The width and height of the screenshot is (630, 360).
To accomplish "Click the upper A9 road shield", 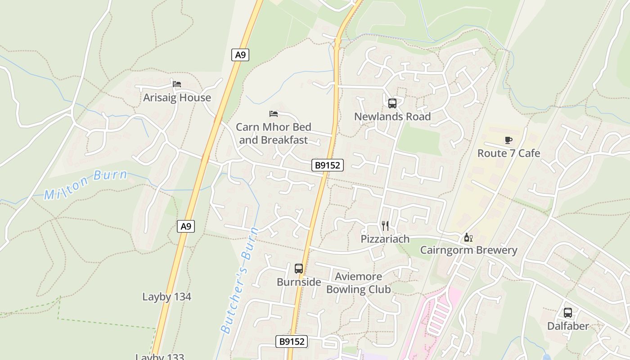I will (241, 55).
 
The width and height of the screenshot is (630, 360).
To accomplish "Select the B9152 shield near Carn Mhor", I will (328, 165).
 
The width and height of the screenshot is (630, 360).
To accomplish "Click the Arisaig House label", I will (177, 98).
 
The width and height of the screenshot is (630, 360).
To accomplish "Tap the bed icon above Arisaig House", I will (177, 84).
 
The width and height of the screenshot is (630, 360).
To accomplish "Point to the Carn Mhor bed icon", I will (274, 114).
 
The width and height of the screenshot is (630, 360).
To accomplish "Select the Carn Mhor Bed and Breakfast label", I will (274, 133).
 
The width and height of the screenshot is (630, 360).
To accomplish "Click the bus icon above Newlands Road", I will (392, 103).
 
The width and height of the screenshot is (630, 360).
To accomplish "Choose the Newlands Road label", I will (392, 117).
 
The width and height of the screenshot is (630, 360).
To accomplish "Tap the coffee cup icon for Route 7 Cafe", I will (508, 140).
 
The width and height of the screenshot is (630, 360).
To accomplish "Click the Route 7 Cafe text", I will (508, 153).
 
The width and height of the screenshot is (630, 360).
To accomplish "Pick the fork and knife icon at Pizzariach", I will (385, 225).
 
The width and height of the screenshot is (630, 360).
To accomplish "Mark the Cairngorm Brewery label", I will (468, 250).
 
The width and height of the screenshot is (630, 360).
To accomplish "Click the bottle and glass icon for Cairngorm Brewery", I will (468, 237).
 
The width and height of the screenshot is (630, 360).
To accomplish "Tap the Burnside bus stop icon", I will (299, 269).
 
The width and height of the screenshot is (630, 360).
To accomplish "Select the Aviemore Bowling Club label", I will (359, 283).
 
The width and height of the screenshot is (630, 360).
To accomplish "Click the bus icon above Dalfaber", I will (568, 312).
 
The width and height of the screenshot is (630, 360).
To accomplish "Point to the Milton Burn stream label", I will (86, 184).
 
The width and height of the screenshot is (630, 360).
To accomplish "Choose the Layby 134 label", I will (166, 297).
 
